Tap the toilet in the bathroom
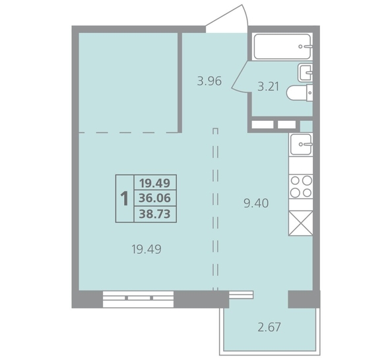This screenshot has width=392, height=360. coord(300,93)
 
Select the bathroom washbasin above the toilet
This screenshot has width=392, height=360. coord(305,73)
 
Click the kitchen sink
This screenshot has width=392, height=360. coord(301,144)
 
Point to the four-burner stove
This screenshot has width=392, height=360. coord(301,186)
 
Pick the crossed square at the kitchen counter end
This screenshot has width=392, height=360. coord(301,223)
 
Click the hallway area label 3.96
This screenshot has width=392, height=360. coord(209,81)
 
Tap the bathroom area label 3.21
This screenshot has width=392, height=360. coord(268,87)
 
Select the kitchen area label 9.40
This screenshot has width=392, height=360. coord(256,203)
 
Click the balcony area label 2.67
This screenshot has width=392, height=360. coord(269,327)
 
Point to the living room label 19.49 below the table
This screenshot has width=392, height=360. coord(147,249)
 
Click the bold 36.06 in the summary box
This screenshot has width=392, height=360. coord(155,198)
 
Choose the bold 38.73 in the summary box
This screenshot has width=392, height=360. coord(155,214)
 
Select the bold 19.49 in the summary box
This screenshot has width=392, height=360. coord(155,183)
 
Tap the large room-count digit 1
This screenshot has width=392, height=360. coord(124,199)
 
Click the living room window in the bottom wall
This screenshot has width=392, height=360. coord(138,299)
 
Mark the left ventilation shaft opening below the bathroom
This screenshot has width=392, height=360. coord(262,125)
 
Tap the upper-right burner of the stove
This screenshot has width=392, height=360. coord(307,180)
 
